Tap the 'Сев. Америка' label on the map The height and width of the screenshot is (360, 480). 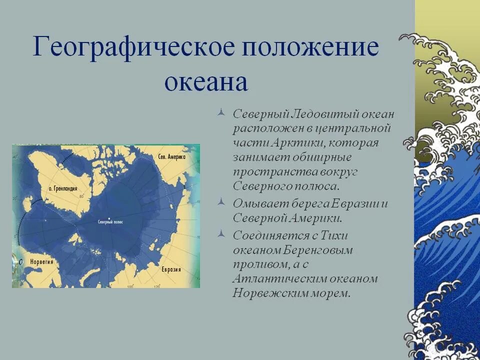coord(171,156)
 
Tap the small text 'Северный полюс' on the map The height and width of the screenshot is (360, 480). coord(110,221)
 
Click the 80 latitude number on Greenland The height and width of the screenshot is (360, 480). coord(80,197)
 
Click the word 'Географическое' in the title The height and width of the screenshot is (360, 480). coord(133,47)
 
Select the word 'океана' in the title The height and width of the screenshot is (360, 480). coord(206,81)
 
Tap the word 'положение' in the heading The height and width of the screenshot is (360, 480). coord(310,47)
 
